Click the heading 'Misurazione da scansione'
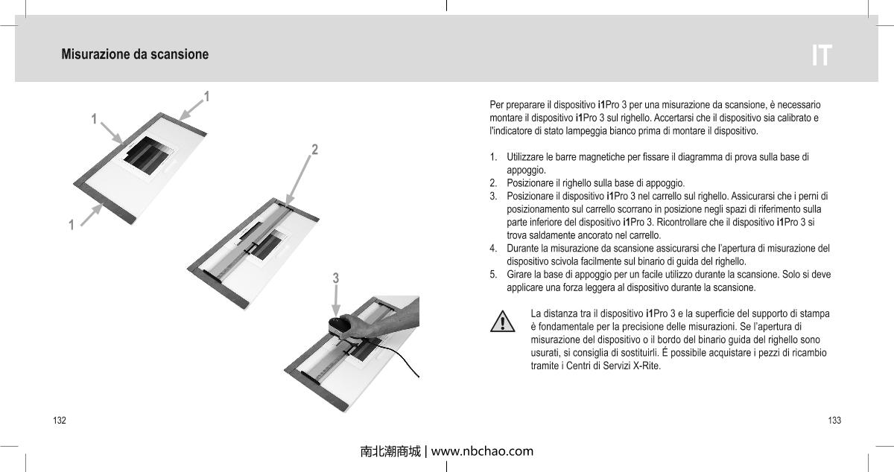coord(135,54)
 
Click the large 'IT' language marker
coord(821,56)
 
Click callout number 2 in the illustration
coord(315,149)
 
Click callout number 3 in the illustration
coord(336,278)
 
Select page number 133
coord(834,421)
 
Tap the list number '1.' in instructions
coord(494,158)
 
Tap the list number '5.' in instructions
coord(494,274)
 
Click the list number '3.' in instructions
coord(494,196)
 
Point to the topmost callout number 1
coord(206,96)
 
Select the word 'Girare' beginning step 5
coord(519,274)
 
